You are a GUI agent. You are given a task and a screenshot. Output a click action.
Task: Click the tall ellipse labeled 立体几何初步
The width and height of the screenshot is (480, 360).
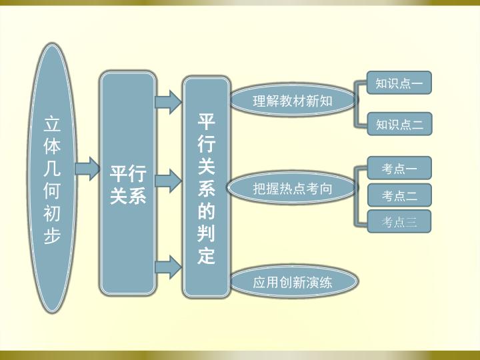(52, 178)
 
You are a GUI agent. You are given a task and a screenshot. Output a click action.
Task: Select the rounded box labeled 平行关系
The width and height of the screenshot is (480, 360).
(127, 183)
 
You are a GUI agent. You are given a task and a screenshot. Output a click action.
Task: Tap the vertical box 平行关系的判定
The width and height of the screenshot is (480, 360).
(206, 187)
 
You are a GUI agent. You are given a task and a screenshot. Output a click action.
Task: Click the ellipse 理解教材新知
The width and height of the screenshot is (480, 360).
(293, 101)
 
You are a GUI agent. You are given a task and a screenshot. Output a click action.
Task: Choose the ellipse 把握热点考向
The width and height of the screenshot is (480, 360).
(292, 187)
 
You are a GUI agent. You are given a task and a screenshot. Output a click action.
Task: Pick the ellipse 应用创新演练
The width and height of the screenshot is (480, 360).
(293, 281)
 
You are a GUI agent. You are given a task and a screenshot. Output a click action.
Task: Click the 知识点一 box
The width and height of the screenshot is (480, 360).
(399, 83)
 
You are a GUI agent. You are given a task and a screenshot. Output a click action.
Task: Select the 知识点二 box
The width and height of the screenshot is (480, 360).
(399, 124)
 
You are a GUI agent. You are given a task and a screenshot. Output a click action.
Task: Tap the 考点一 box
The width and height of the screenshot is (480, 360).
(399, 168)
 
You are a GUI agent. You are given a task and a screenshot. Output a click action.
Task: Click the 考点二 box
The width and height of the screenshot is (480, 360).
(399, 195)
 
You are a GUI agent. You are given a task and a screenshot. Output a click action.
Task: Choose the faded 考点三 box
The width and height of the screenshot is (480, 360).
(399, 221)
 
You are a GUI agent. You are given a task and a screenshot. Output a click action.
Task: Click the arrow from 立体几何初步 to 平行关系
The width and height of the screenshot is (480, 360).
(87, 169)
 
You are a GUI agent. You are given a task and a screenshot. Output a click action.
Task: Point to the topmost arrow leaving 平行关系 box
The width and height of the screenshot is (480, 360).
(169, 102)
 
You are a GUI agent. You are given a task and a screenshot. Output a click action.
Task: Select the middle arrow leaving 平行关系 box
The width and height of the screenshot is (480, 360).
(169, 181)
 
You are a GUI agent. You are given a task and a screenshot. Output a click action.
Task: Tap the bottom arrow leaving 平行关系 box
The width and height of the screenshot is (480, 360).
(169, 267)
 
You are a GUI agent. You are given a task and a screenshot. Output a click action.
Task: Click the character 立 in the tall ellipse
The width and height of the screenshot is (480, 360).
(52, 124)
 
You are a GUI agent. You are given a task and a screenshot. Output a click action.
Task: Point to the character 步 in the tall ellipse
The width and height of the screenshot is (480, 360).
(52, 236)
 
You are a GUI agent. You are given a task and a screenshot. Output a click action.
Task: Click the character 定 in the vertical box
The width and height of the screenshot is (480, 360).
(206, 255)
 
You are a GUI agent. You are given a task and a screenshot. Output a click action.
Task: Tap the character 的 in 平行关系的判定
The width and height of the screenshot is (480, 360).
(206, 211)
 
